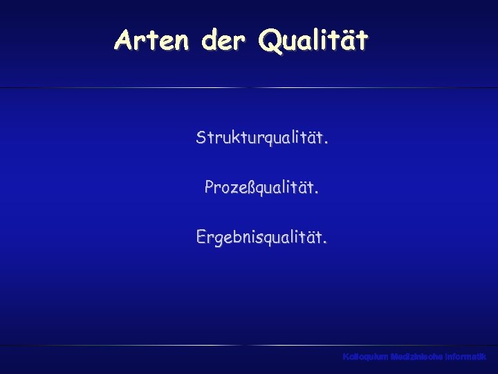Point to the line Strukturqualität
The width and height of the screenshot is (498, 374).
pyautogui.click(x=262, y=139)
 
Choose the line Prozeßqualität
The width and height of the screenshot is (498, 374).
pyautogui.click(x=262, y=188)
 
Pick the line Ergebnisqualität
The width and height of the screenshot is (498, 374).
pyautogui.click(x=262, y=238)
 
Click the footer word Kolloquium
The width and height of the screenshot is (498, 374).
pyautogui.click(x=365, y=357)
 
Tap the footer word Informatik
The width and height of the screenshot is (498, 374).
pyautogui.click(x=467, y=357)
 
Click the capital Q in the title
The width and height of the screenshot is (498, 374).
pyautogui.click(x=269, y=40)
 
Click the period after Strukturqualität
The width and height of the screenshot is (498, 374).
pyautogui.click(x=326, y=143)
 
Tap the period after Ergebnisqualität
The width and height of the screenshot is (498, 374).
pyautogui.click(x=326, y=242)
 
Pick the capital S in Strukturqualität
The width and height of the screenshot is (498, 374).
pyautogui.click(x=201, y=138)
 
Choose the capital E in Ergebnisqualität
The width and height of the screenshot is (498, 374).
pyautogui.click(x=202, y=237)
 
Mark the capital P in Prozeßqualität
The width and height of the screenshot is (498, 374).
pyautogui.click(x=210, y=187)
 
